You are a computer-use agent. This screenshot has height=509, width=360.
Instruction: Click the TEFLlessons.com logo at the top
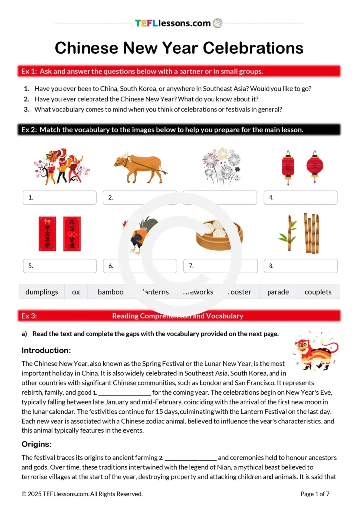(x=179, y=23)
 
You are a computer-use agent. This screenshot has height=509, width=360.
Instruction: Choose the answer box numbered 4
(x=300, y=197)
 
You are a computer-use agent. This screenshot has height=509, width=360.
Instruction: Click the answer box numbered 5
(x=60, y=266)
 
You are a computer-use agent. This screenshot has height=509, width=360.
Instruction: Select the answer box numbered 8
(x=300, y=266)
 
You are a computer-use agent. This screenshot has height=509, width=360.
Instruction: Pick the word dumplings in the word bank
(x=42, y=292)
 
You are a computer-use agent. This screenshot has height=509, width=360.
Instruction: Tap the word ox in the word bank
(x=76, y=292)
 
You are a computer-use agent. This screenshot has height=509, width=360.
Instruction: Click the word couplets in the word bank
(x=318, y=292)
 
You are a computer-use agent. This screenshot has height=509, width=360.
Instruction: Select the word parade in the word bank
(x=278, y=292)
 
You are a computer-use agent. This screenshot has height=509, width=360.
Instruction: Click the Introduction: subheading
(x=46, y=350)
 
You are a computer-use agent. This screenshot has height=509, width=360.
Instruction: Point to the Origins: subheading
(x=37, y=444)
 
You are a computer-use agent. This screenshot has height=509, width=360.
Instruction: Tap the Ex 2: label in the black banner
(x=29, y=130)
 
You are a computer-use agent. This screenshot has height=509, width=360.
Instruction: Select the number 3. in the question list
(x=26, y=109)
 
